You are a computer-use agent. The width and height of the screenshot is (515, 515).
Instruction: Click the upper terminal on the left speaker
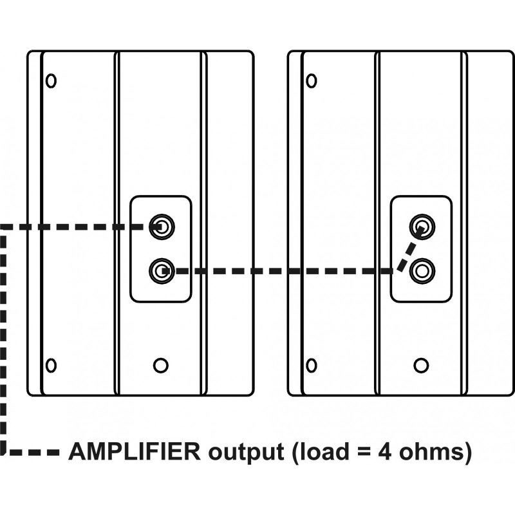(161, 226)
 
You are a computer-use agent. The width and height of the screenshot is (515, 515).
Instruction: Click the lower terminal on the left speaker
(161, 270)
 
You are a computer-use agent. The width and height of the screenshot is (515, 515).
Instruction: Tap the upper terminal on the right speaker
(422, 226)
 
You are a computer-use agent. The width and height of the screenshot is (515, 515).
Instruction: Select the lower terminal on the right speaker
(422, 270)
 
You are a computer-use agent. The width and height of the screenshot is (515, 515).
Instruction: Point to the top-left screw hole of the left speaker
(51, 81)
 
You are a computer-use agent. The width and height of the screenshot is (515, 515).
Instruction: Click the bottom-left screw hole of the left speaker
(51, 365)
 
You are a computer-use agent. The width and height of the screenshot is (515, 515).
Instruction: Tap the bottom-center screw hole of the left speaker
(161, 365)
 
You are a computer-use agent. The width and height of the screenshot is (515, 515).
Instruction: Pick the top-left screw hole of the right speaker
(312, 81)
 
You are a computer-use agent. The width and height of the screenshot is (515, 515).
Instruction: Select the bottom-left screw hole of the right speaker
(312, 365)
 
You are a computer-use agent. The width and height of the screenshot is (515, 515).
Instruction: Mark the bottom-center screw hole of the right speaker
(421, 365)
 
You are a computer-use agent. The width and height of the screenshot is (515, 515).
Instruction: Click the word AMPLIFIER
(135, 452)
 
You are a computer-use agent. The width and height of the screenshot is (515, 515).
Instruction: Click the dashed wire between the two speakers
(277, 271)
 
